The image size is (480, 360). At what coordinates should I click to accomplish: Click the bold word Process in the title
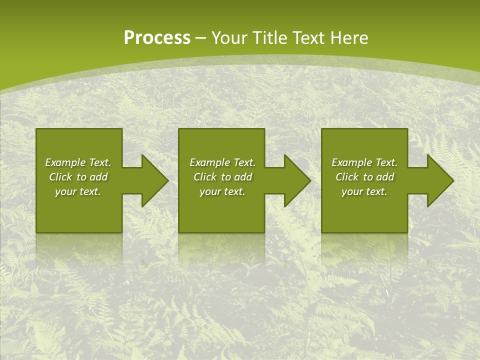coord(156,38)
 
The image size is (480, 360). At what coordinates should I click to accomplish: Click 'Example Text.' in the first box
coord(78,162)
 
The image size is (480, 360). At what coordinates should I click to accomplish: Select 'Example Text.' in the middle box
coord(222,162)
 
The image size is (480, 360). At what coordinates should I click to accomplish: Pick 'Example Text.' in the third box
coord(364,162)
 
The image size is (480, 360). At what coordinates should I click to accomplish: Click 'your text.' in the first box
coord(78,191)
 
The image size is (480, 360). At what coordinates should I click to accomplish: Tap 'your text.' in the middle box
coord(222,191)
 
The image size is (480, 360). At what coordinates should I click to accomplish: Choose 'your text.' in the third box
coord(364,191)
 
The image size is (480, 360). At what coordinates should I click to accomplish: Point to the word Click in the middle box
coord(205,177)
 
